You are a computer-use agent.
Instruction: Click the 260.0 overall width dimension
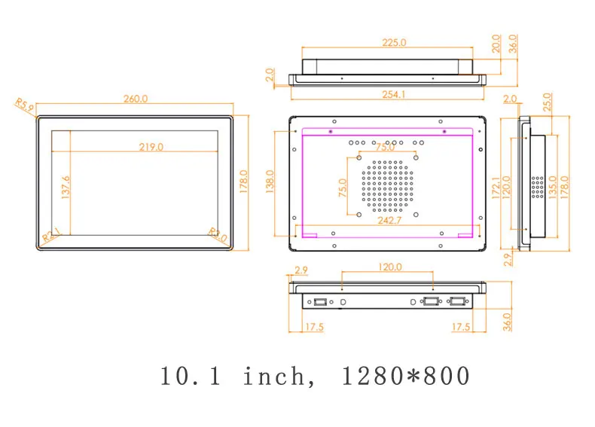[136, 99]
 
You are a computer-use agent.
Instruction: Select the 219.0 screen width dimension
[151, 148]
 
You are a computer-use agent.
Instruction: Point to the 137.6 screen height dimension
[66, 188]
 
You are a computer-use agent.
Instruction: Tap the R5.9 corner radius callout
[24, 107]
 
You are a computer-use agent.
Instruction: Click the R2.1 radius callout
[51, 235]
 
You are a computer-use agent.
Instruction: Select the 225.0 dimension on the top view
[392, 43]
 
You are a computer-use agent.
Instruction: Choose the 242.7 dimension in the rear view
[389, 221]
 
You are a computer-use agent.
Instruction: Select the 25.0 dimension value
[548, 100]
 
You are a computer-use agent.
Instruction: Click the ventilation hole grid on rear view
[389, 183]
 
